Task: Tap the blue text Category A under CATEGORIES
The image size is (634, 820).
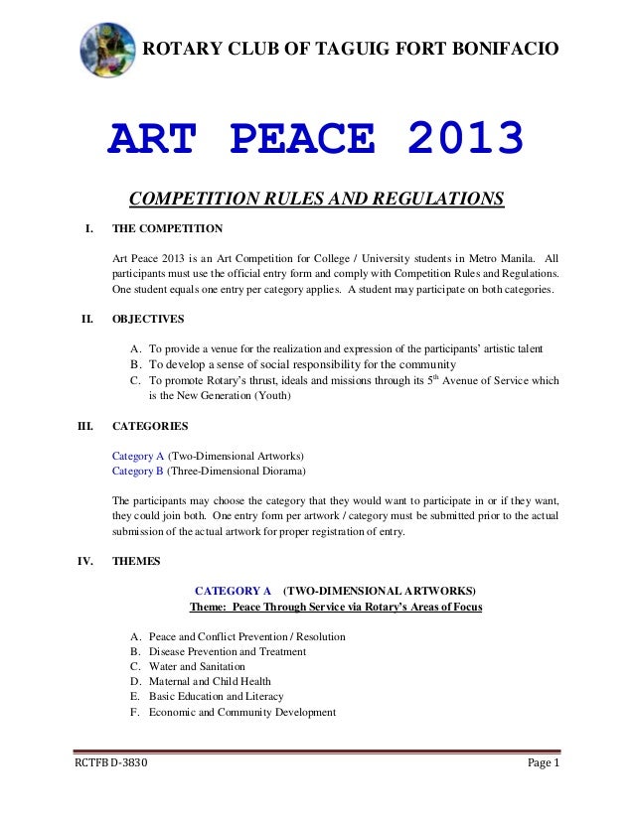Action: [x=137, y=455]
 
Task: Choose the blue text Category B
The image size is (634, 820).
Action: [x=137, y=471]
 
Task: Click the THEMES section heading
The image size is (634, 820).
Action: [x=136, y=560]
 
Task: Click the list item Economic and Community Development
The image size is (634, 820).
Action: [x=241, y=712]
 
